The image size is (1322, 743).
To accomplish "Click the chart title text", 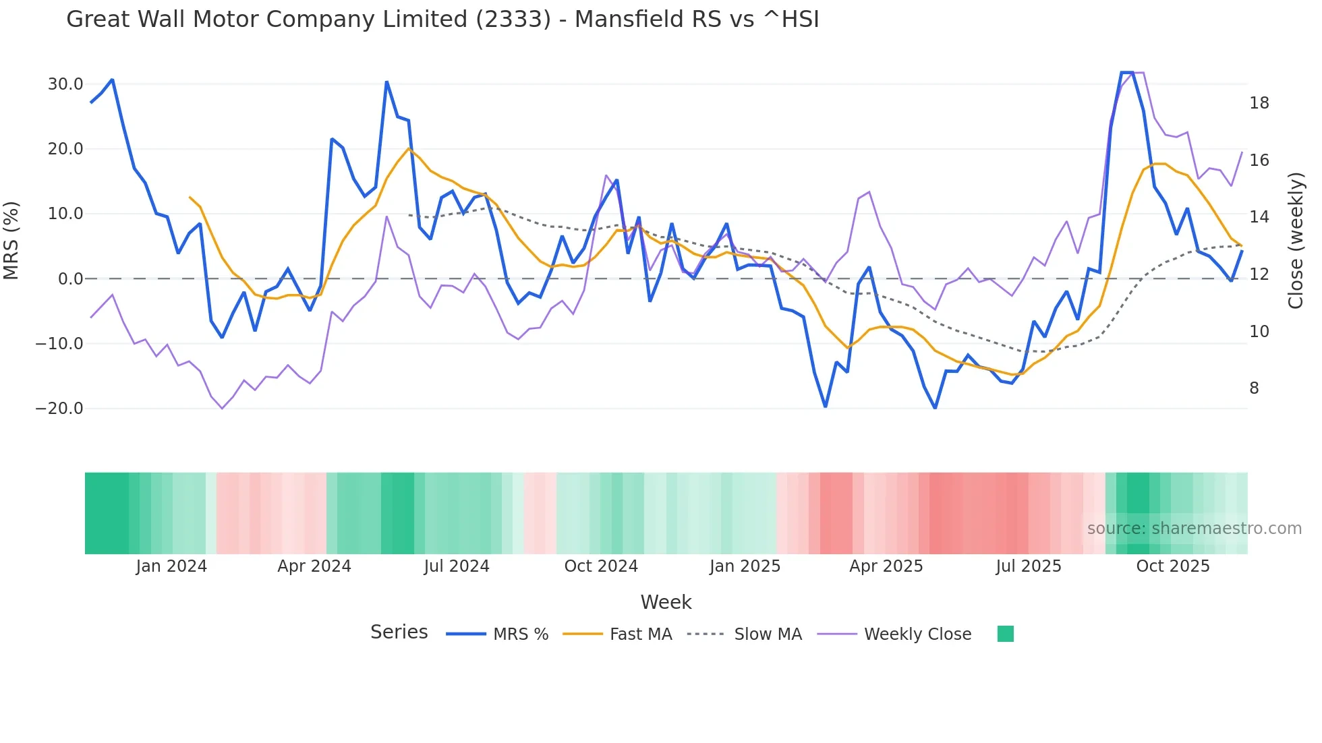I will click(442, 20).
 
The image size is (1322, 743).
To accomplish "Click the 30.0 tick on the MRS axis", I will click(65, 84).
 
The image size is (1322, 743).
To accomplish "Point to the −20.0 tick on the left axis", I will click(59, 409).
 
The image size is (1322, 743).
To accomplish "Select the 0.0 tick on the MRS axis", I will click(70, 278).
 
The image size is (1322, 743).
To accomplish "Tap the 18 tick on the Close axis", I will click(1259, 103).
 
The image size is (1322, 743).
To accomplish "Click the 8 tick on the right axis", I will click(1254, 388).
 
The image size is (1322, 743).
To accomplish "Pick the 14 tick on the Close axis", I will click(1259, 217).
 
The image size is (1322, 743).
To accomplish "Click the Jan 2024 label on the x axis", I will click(171, 566).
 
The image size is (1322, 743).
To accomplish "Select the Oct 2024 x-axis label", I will click(601, 566).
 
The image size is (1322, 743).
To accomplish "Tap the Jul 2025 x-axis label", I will click(1029, 566).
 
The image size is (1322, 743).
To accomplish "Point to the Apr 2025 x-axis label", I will click(886, 566).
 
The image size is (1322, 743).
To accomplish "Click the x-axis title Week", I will click(666, 602).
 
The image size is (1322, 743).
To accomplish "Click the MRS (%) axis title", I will click(11, 241).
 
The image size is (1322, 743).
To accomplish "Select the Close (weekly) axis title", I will click(1295, 241).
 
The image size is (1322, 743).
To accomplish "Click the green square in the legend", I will click(1005, 634).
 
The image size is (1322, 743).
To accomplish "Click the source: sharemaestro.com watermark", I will click(1194, 529).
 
